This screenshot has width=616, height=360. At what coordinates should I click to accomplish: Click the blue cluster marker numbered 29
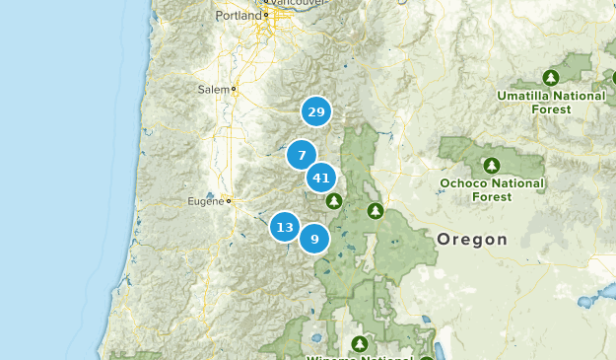coord(315,112)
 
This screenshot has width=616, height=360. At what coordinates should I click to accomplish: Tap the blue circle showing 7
coord(302,155)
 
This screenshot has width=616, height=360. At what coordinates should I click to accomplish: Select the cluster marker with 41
coord(320,179)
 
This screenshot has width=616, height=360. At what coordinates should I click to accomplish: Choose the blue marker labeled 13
coord(285,228)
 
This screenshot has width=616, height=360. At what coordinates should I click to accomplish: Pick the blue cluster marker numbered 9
coord(314,238)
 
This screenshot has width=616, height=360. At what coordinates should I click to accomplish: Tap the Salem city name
coord(212,89)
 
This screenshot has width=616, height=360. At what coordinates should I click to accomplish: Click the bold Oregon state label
coord(472,239)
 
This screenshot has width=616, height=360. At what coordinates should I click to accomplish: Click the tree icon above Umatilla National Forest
coord(551,76)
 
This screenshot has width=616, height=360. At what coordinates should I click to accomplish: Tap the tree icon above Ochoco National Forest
coord(492,164)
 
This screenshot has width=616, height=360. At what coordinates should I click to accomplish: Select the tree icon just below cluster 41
coord(334,201)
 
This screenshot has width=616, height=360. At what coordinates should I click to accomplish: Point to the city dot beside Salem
coord(234,89)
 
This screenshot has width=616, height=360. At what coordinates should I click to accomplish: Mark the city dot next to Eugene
coord(228,201)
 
